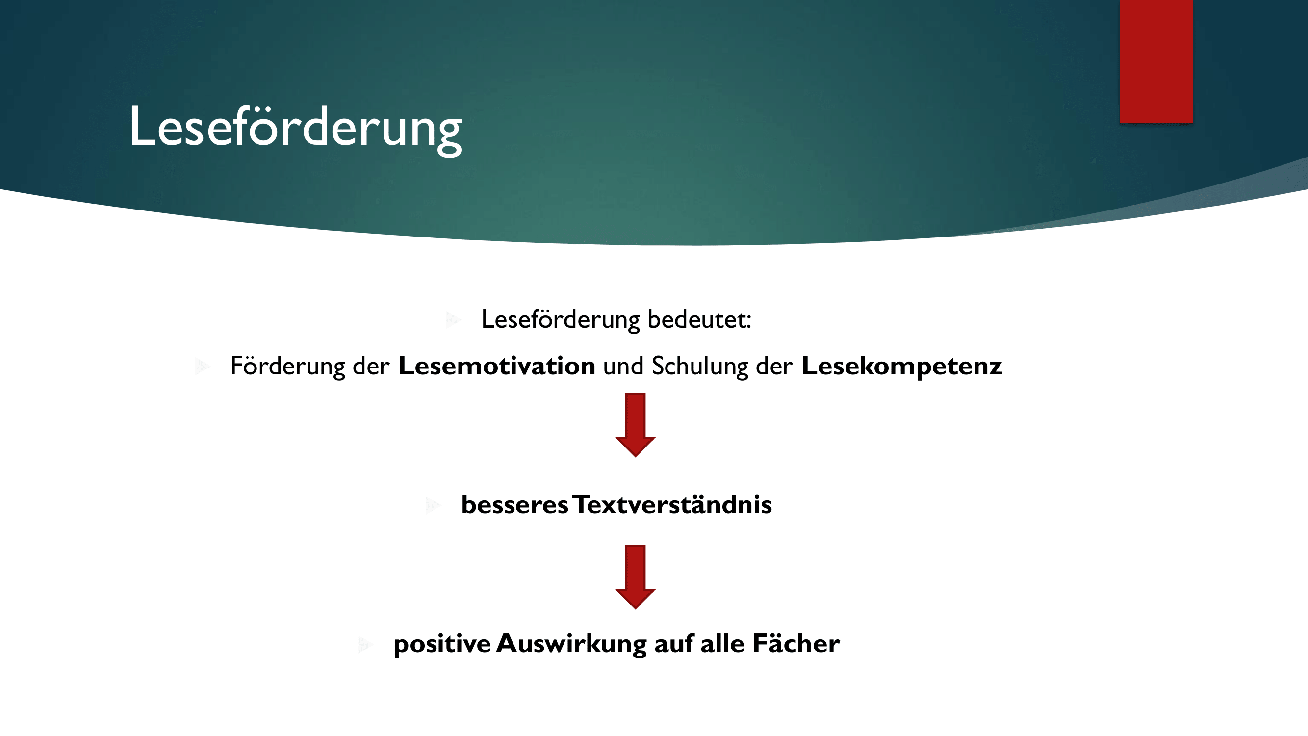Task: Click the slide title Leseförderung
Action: (x=296, y=128)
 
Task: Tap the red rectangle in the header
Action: (x=1156, y=61)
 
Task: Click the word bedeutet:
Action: (x=699, y=319)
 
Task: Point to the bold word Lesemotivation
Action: (x=497, y=366)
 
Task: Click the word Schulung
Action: (x=700, y=367)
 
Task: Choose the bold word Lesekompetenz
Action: (x=902, y=367)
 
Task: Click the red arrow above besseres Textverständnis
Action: (x=635, y=424)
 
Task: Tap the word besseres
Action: (x=514, y=505)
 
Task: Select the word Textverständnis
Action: (x=672, y=504)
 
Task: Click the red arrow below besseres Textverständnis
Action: (x=635, y=577)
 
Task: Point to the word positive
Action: (x=442, y=644)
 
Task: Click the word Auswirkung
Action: (x=571, y=644)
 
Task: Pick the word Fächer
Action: (x=796, y=644)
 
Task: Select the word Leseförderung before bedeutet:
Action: (x=561, y=320)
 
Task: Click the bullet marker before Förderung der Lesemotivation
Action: (x=203, y=366)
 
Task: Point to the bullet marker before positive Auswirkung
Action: (x=365, y=644)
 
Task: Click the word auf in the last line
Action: (x=674, y=644)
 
